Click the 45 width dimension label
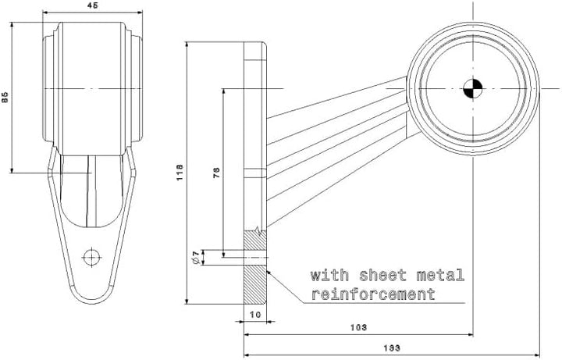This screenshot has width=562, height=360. coord(92,5)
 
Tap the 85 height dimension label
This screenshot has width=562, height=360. coord(5,97)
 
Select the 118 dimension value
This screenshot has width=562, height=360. coord(180,172)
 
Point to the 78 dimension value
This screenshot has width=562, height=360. coord(216,172)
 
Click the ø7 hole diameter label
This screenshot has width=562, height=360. coord(196,258)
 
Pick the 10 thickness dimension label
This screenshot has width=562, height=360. coord(255,315)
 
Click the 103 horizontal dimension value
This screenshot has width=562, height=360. coord(358,327)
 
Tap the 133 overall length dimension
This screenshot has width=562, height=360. coord(392,348)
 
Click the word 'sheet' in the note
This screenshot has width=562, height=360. coord(382,275)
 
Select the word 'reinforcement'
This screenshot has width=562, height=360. coord(373,294)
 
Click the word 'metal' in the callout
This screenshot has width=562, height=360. coord(440,275)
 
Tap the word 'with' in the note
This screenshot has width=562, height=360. coord(329,275)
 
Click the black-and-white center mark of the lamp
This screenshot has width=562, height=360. coord(473,88)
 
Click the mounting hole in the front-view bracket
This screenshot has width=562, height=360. coord(92,257)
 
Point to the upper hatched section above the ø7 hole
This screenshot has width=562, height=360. coord(255,241)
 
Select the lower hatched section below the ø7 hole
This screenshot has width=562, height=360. coord(255,285)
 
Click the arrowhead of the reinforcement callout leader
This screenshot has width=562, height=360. coord(269,273)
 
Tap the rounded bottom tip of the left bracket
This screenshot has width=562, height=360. coord(92,302)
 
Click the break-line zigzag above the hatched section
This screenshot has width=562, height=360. coord(258,228)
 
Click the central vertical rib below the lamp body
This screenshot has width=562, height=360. coord(92,191)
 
